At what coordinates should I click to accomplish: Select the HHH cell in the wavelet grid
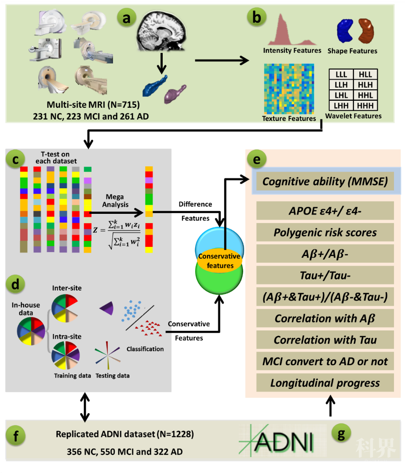[365, 106]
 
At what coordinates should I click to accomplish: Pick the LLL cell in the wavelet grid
[341, 74]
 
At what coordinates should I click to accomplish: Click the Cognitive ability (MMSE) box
[325, 181]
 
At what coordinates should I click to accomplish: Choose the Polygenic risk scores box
[325, 232]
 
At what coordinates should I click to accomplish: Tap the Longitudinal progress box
[325, 383]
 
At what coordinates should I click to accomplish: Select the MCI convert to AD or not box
[325, 362]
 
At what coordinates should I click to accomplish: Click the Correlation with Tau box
[325, 340]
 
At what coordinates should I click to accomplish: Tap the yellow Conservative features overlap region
[219, 260]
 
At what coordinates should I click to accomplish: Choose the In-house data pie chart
[31, 330]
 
